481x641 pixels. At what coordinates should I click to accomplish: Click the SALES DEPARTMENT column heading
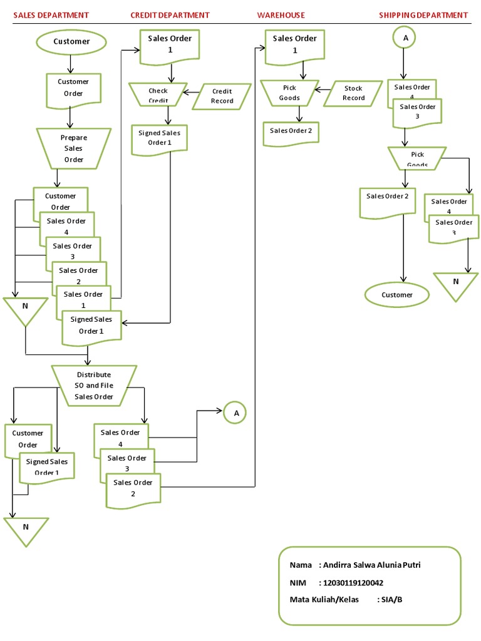pyautogui.click(x=51, y=15)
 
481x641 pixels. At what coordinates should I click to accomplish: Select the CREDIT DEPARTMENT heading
pyautogui.click(x=170, y=15)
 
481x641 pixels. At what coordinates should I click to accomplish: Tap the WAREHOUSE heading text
pyautogui.click(x=281, y=15)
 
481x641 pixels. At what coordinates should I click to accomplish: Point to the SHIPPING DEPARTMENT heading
pyautogui.click(x=423, y=15)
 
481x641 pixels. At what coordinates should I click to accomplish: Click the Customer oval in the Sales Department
pyautogui.click(x=71, y=42)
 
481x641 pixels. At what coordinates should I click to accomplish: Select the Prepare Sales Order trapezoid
pyautogui.click(x=74, y=148)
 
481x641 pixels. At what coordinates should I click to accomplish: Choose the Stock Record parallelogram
pyautogui.click(x=354, y=93)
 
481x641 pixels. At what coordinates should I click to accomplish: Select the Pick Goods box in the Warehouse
pyautogui.click(x=289, y=93)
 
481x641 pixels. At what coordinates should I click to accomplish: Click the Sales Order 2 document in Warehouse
pyautogui.click(x=290, y=131)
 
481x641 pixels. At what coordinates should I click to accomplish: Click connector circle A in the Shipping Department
pyautogui.click(x=405, y=38)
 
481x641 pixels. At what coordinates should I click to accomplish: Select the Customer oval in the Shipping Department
pyautogui.click(x=397, y=295)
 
